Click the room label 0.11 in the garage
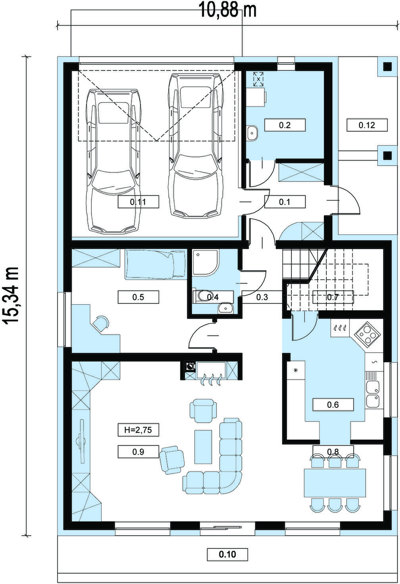pos(138,202)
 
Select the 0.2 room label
pos(285,125)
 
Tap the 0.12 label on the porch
pos(367,125)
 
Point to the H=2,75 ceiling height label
pos(138,430)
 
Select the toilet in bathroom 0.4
pos(202,296)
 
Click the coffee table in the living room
pos(203,447)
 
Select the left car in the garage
pos(113,161)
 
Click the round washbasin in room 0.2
pos(252,133)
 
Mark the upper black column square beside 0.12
pos(388,67)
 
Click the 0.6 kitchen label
pos(333,405)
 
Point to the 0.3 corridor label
pos(262,297)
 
